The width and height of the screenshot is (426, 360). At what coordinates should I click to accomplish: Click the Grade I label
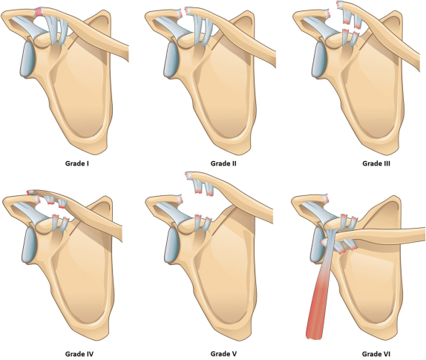coord(77,163)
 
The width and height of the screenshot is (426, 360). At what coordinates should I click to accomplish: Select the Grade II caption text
coord(223,163)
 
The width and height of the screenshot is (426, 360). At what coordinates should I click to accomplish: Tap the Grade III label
coord(376,163)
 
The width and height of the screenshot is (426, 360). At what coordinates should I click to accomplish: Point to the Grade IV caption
coord(79,354)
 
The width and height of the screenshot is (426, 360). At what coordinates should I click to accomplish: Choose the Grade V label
coord(223,354)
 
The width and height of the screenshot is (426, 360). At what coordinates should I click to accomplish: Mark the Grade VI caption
coord(376,354)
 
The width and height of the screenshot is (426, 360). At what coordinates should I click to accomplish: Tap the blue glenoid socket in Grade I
coord(27,59)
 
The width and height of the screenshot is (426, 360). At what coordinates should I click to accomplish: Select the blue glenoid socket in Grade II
coord(171,59)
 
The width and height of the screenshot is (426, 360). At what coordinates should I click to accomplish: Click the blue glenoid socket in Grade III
coord(319,59)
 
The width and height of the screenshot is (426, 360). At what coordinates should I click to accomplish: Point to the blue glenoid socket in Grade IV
coord(30,244)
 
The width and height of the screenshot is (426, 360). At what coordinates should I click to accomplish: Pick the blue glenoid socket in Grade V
coord(172,244)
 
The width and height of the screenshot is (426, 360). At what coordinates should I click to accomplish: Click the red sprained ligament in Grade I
coord(39,12)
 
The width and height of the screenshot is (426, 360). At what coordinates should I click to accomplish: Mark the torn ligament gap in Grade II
coord(183,12)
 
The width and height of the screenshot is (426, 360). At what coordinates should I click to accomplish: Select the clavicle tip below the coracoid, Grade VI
coord(324,242)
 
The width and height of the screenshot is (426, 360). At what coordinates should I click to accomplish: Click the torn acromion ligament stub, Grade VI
coord(326,198)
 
